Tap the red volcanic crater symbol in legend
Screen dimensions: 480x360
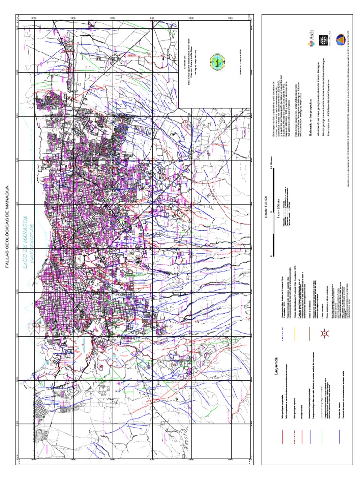click(x=323, y=334)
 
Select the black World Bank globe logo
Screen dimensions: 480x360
click(x=322, y=39)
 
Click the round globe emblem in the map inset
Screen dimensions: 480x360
click(x=217, y=60)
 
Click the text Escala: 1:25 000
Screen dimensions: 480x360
click(x=266, y=206)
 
